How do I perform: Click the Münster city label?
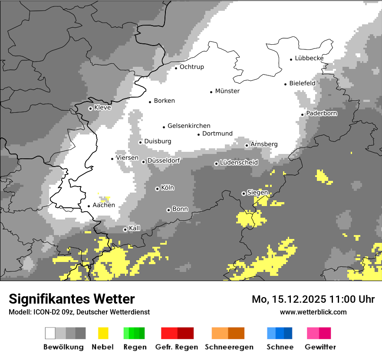click(x=227, y=91)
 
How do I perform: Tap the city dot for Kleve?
click(x=90, y=108)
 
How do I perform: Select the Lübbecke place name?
click(x=309, y=58)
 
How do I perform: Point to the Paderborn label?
click(x=322, y=113)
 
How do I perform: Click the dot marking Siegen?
click(x=244, y=193)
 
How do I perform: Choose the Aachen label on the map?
click(x=104, y=205)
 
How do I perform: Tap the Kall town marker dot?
click(x=125, y=229)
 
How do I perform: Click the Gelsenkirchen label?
click(x=189, y=126)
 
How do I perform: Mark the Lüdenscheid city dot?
click(x=216, y=164)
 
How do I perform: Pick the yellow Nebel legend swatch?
click(x=103, y=333)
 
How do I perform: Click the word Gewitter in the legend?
click(x=320, y=347)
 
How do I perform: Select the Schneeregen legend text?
click(x=229, y=347)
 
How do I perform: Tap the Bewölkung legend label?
click(x=63, y=347)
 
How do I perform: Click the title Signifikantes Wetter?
click(x=72, y=299)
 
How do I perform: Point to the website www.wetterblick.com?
click(x=313, y=312)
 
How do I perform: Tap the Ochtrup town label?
click(x=192, y=67)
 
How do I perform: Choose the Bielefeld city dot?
click(x=286, y=84)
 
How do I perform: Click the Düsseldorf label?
click(x=164, y=160)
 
